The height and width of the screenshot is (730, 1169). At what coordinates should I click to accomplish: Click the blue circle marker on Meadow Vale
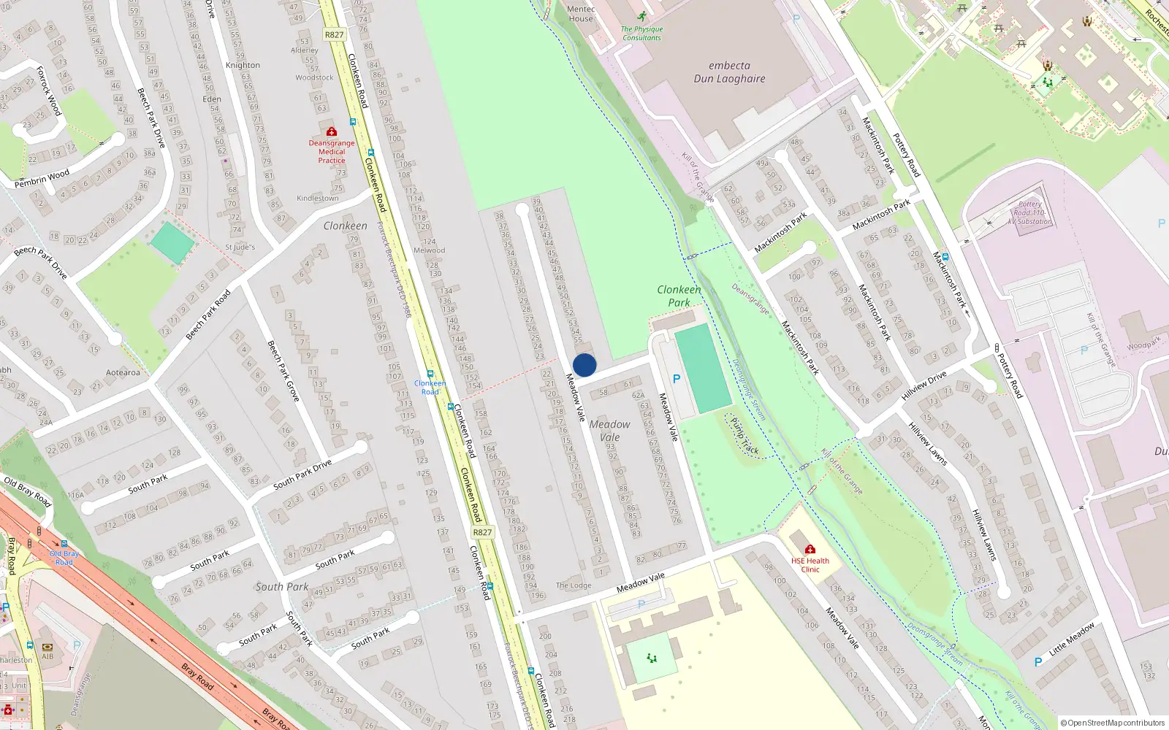[x=584, y=365]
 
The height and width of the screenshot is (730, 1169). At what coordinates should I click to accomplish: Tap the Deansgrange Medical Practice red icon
[x=332, y=131]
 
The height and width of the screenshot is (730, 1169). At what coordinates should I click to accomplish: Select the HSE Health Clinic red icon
[x=810, y=549]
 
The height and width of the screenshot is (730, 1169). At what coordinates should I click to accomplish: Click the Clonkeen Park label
[x=679, y=296]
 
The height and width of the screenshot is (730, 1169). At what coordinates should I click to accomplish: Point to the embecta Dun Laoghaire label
[x=729, y=72]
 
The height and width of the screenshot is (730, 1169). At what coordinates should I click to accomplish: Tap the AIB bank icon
[x=47, y=647]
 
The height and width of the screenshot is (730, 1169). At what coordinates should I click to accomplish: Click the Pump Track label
[x=745, y=437]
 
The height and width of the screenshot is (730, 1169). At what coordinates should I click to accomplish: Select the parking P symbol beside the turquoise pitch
[x=677, y=379]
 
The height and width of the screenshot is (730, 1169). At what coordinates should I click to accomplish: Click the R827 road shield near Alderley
[x=334, y=34]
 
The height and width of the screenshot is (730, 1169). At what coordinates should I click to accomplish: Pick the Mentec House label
[x=581, y=14]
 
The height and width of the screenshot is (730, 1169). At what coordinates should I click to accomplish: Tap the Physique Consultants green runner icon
[x=641, y=16]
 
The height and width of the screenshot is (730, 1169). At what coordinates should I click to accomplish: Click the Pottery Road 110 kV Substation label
[x=1029, y=213]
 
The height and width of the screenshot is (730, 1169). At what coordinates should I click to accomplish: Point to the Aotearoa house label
[x=123, y=372]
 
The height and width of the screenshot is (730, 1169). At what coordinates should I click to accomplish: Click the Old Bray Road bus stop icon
[x=64, y=544]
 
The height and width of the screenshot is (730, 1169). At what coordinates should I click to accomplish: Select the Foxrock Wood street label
[x=49, y=91]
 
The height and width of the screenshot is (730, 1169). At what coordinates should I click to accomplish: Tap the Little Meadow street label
[x=1072, y=639]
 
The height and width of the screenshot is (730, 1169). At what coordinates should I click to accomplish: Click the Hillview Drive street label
[x=924, y=385]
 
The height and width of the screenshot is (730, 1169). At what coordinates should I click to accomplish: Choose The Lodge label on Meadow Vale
[x=574, y=585]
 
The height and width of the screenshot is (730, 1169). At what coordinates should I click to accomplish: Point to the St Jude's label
[x=240, y=247]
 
